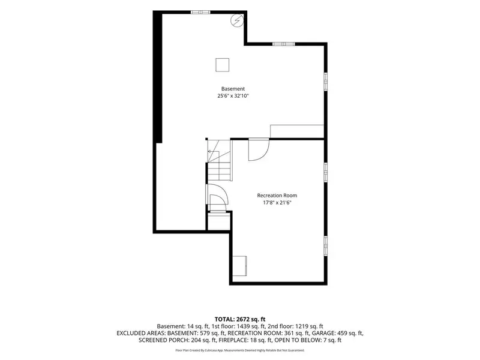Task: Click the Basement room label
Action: [x=233, y=89]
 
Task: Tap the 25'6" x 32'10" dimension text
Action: [x=233, y=96]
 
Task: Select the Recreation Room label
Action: [x=277, y=196]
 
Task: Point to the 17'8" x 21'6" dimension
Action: [x=277, y=202]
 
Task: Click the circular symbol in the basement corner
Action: [x=237, y=20]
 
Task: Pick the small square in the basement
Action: [x=222, y=65]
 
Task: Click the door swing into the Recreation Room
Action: [x=259, y=149]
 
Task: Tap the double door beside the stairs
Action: [x=218, y=198]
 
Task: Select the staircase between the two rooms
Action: [x=219, y=160]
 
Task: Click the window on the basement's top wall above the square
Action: [x=201, y=12]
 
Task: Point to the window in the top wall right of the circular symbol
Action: [x=284, y=44]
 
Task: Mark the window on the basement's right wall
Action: [x=326, y=82]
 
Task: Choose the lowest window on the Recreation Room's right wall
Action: [x=326, y=246]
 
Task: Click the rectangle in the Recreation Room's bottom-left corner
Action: [x=239, y=266]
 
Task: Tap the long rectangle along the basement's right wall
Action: [x=297, y=131]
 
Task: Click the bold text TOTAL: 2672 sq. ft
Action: [x=240, y=320]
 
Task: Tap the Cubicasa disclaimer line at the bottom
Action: [x=240, y=350]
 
